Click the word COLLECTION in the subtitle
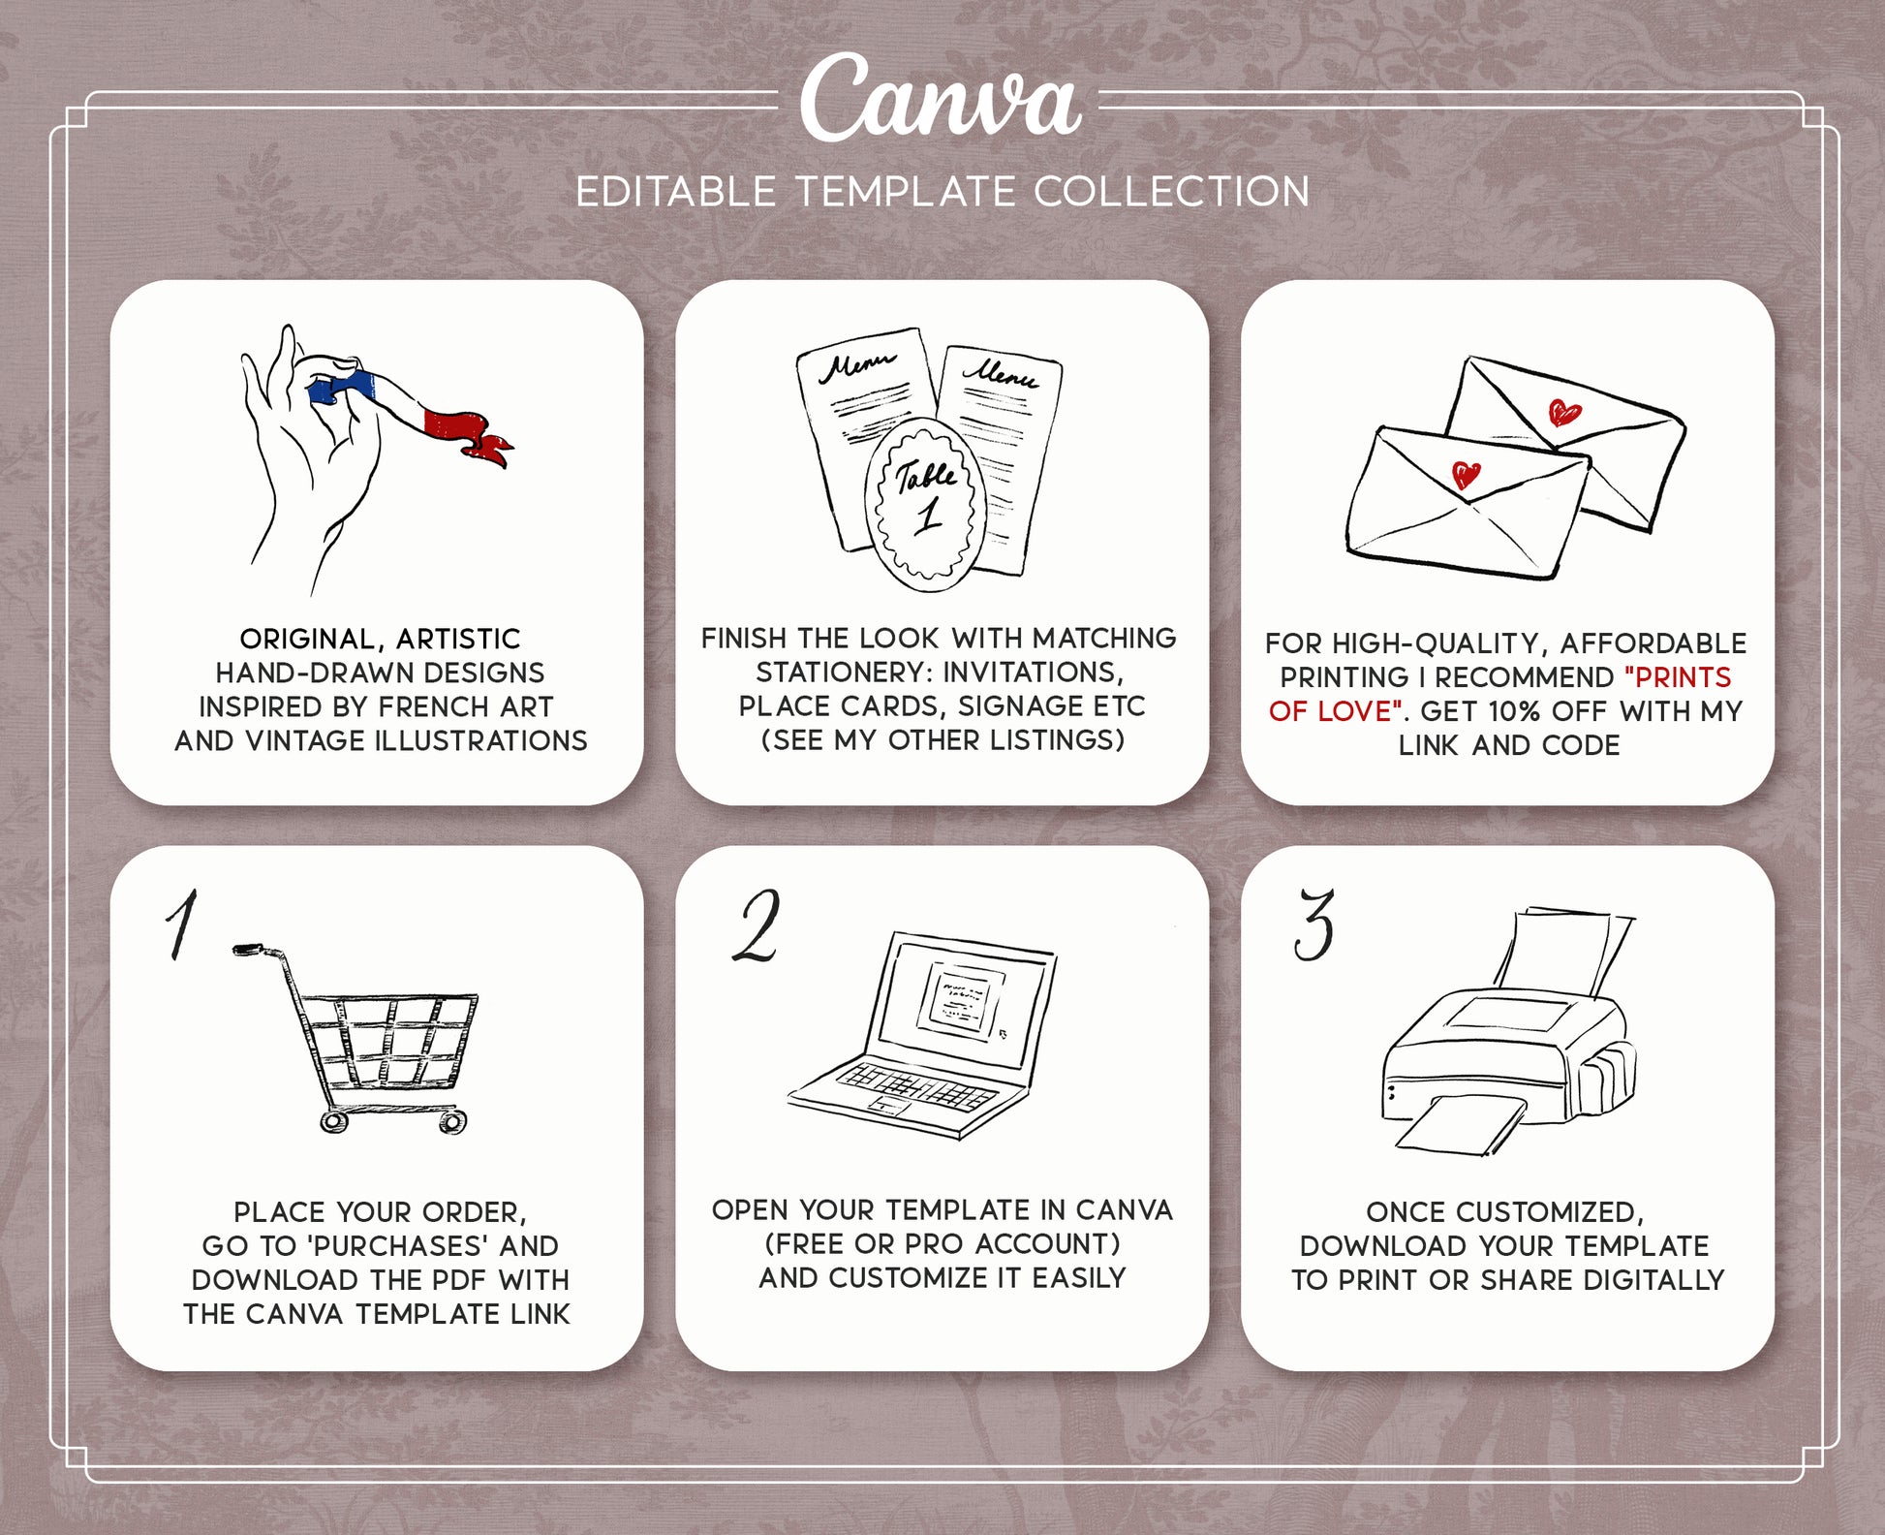[1172, 192]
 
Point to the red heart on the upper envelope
[1563, 413]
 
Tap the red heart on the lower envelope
[1467, 475]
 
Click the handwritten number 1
[181, 924]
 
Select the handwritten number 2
[757, 926]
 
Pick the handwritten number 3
[1313, 924]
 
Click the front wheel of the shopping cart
[452, 1122]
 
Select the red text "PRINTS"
[1678, 677]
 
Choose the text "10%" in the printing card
[1516, 711]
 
